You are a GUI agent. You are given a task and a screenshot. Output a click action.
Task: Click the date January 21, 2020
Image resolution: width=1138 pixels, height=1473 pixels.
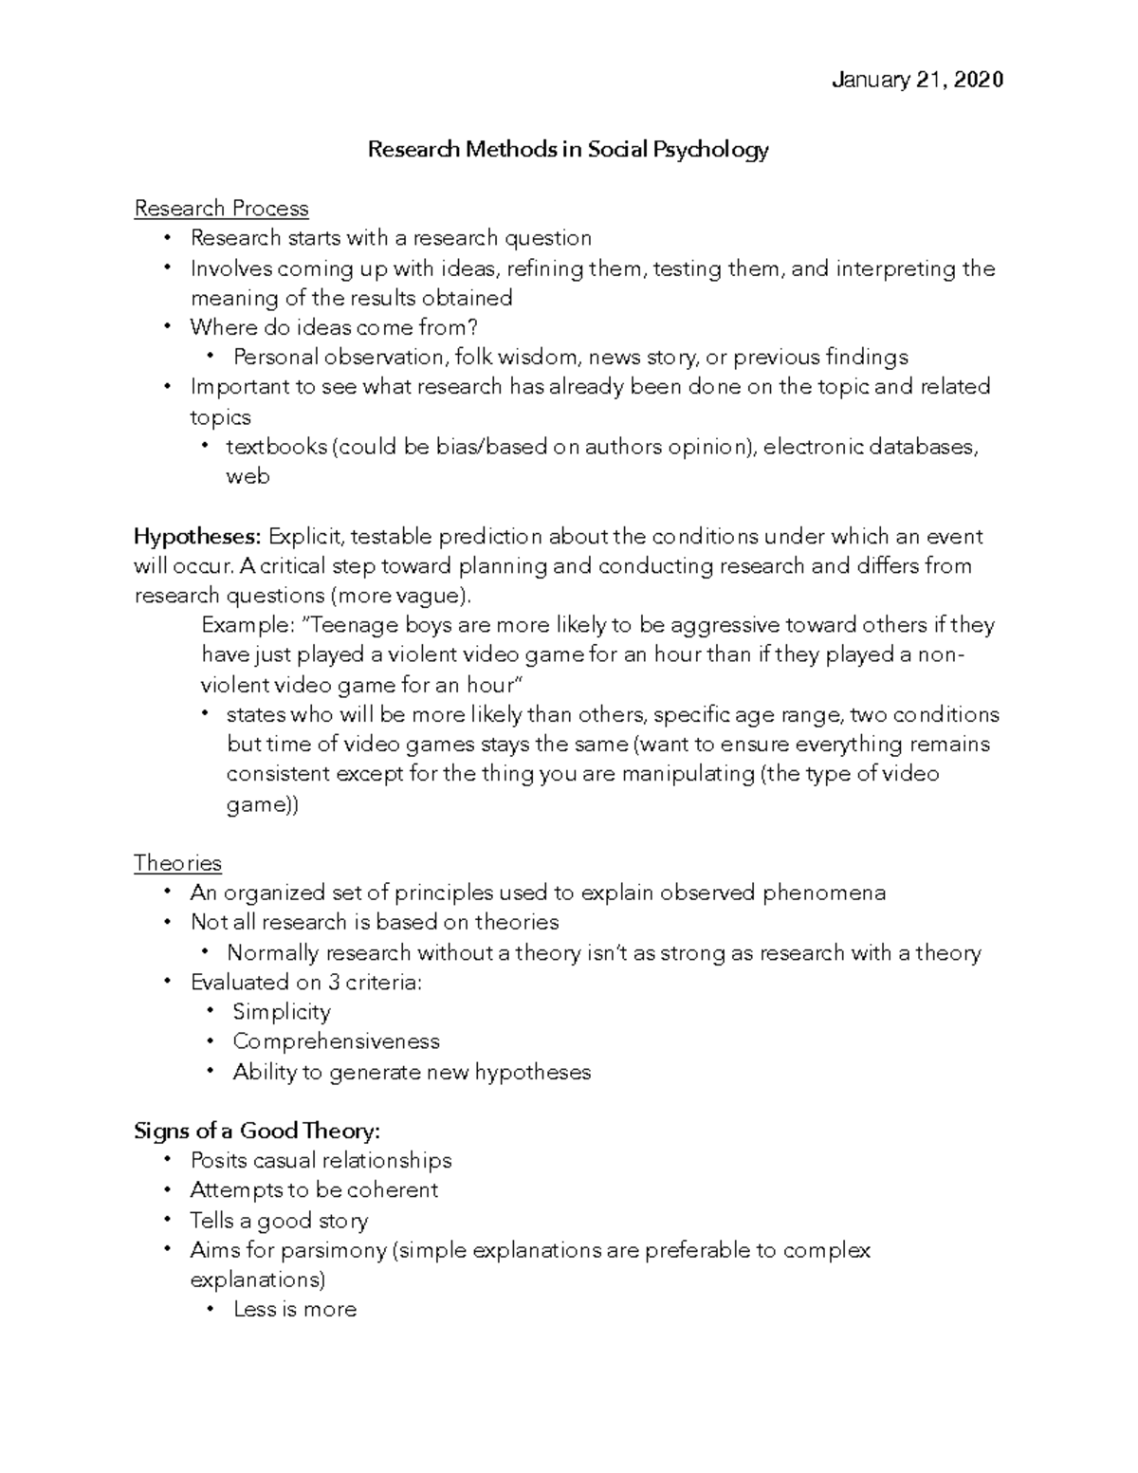tap(916, 81)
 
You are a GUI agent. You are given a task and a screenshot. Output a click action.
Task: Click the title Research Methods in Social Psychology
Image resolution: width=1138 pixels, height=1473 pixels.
tap(567, 150)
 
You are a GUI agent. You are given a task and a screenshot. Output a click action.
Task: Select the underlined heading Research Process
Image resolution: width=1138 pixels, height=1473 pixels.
tap(221, 209)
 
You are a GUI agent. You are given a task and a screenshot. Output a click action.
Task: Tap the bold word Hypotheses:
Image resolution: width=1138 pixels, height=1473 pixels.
tap(197, 537)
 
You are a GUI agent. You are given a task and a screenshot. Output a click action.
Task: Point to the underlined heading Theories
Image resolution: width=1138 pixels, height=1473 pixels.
tap(177, 863)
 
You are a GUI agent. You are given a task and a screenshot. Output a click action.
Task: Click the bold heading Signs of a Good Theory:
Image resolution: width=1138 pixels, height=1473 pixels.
tap(257, 1131)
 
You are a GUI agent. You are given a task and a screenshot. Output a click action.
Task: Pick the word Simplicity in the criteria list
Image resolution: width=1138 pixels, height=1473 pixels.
tap(282, 1012)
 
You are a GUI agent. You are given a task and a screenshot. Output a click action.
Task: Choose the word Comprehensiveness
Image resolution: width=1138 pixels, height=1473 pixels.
tap(336, 1041)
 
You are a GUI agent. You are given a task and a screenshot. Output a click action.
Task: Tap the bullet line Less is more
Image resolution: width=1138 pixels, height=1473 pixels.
tap(295, 1309)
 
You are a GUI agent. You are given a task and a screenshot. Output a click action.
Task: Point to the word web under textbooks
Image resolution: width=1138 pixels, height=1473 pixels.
tap(248, 476)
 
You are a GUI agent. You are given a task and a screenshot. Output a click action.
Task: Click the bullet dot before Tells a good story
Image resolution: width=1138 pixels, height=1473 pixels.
tap(168, 1220)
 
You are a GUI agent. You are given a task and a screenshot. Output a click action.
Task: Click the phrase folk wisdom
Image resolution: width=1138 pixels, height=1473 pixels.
tap(516, 358)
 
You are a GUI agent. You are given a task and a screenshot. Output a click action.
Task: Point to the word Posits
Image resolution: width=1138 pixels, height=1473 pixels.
tap(219, 1161)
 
